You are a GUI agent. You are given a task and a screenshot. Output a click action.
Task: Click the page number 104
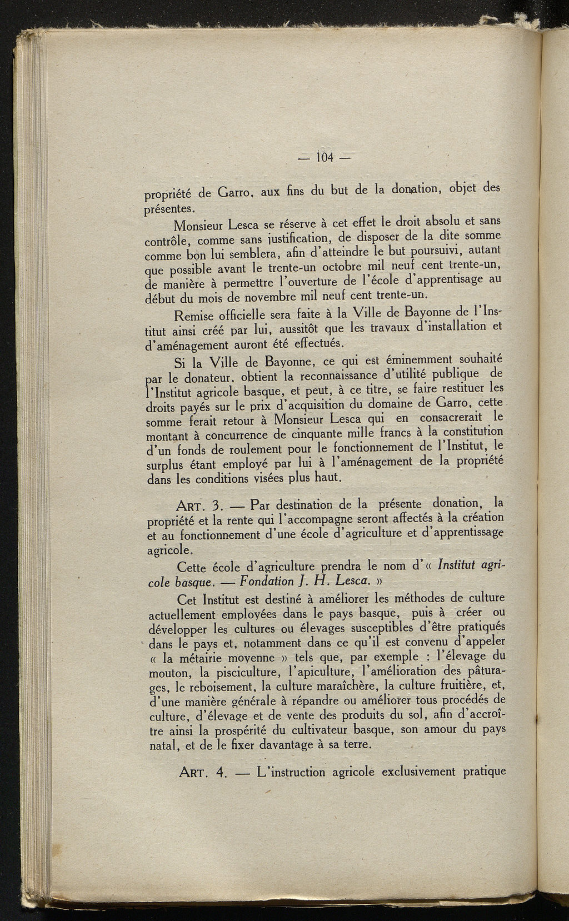pos(324,157)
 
